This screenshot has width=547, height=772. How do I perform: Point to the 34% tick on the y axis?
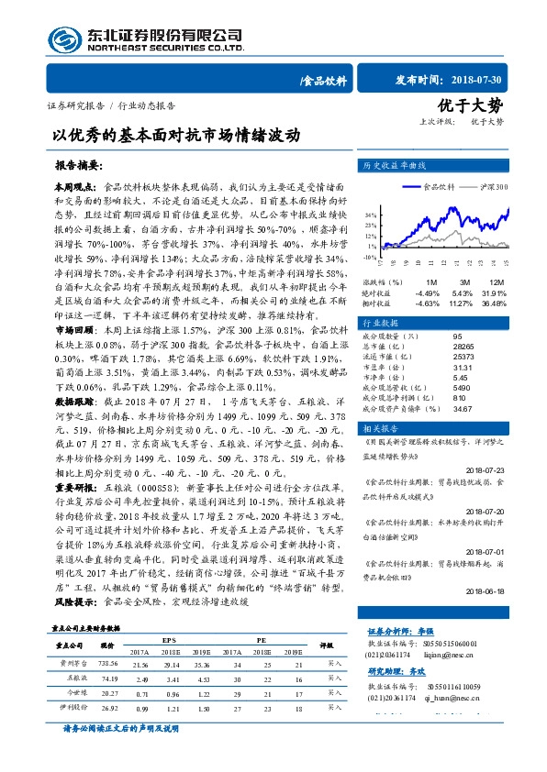372,214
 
